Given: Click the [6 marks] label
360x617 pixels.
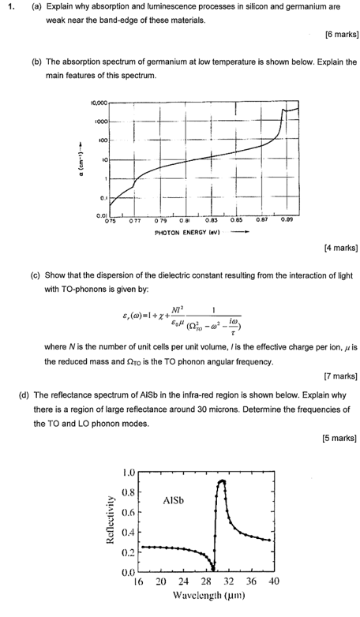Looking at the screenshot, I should coord(341,35).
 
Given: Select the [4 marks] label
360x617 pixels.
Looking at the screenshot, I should coord(341,248).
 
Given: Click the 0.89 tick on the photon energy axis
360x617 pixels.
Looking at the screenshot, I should coord(288,222).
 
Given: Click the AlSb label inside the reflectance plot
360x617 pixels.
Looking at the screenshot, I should coord(174,500).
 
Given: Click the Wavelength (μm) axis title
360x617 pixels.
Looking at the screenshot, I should coord(206,597).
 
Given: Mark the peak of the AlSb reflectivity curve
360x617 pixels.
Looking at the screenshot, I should coord(223,481).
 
